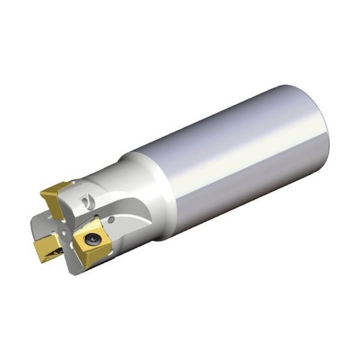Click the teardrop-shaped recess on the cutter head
(x=88, y=197)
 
